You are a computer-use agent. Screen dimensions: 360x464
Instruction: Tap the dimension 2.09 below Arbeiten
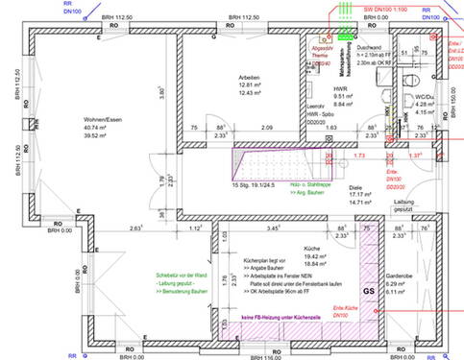pyautogui.click(x=266, y=128)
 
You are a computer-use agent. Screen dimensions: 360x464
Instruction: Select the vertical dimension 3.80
pyautogui.click(x=163, y=93)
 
